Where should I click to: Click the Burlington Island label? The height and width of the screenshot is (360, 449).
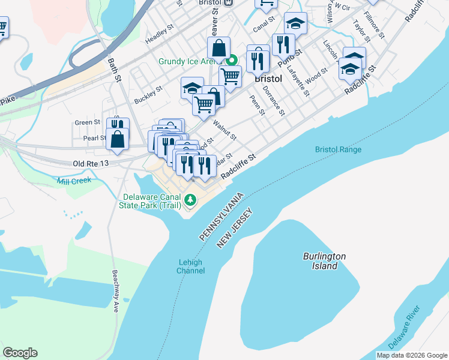[x=324, y=261]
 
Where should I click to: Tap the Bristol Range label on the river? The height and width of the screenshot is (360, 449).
[x=338, y=149]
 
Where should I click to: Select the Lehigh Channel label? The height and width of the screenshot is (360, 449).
[x=190, y=266]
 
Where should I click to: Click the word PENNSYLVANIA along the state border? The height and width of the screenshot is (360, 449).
[x=221, y=217]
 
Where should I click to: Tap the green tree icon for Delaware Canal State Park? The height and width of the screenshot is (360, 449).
[x=190, y=199]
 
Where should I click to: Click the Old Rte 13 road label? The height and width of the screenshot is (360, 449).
[x=91, y=163]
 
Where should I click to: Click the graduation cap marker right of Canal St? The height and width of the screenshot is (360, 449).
[x=295, y=23]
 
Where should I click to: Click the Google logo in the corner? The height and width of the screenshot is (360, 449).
[x=20, y=353]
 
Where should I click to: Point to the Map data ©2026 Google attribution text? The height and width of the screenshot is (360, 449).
[x=411, y=355]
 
